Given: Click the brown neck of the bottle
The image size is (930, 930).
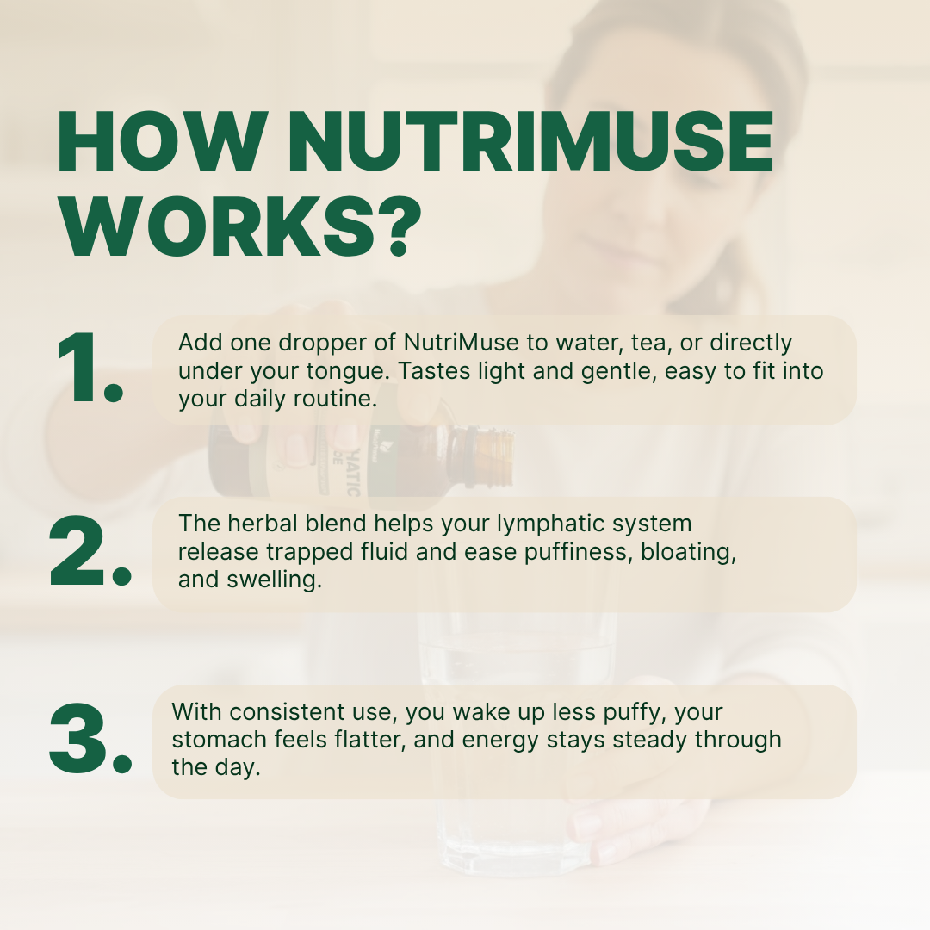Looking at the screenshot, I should point(491,454).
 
